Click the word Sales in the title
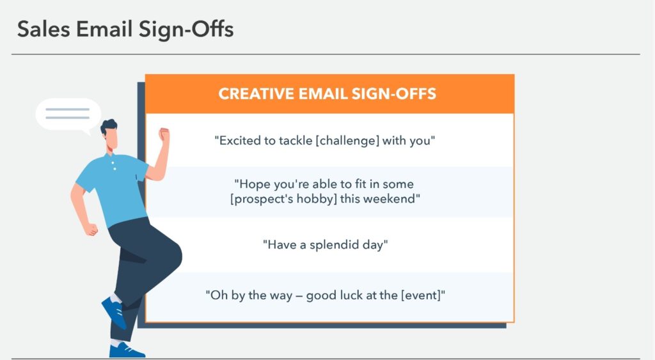pyautogui.click(x=43, y=29)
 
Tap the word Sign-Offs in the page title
pyautogui.click(x=186, y=30)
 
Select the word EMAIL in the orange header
pyautogui.click(x=323, y=93)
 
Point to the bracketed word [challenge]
pyautogui.click(x=347, y=140)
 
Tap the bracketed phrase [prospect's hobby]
pyautogui.click(x=283, y=199)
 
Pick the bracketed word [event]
pyautogui.click(x=422, y=295)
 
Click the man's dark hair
pyautogui.click(x=109, y=127)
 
